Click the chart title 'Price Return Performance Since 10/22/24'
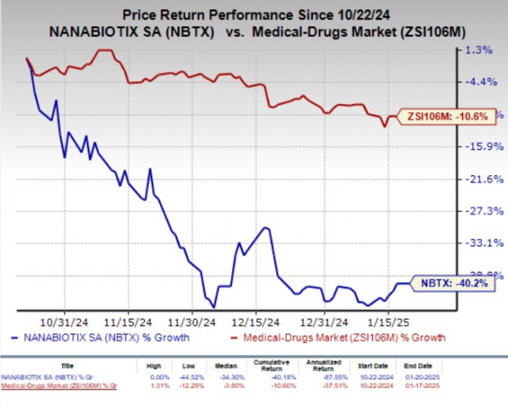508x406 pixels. coord(252,14)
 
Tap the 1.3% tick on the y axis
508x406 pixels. coord(479,50)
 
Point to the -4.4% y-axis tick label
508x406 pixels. coord(479,82)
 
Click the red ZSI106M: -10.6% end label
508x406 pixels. coord(447,116)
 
